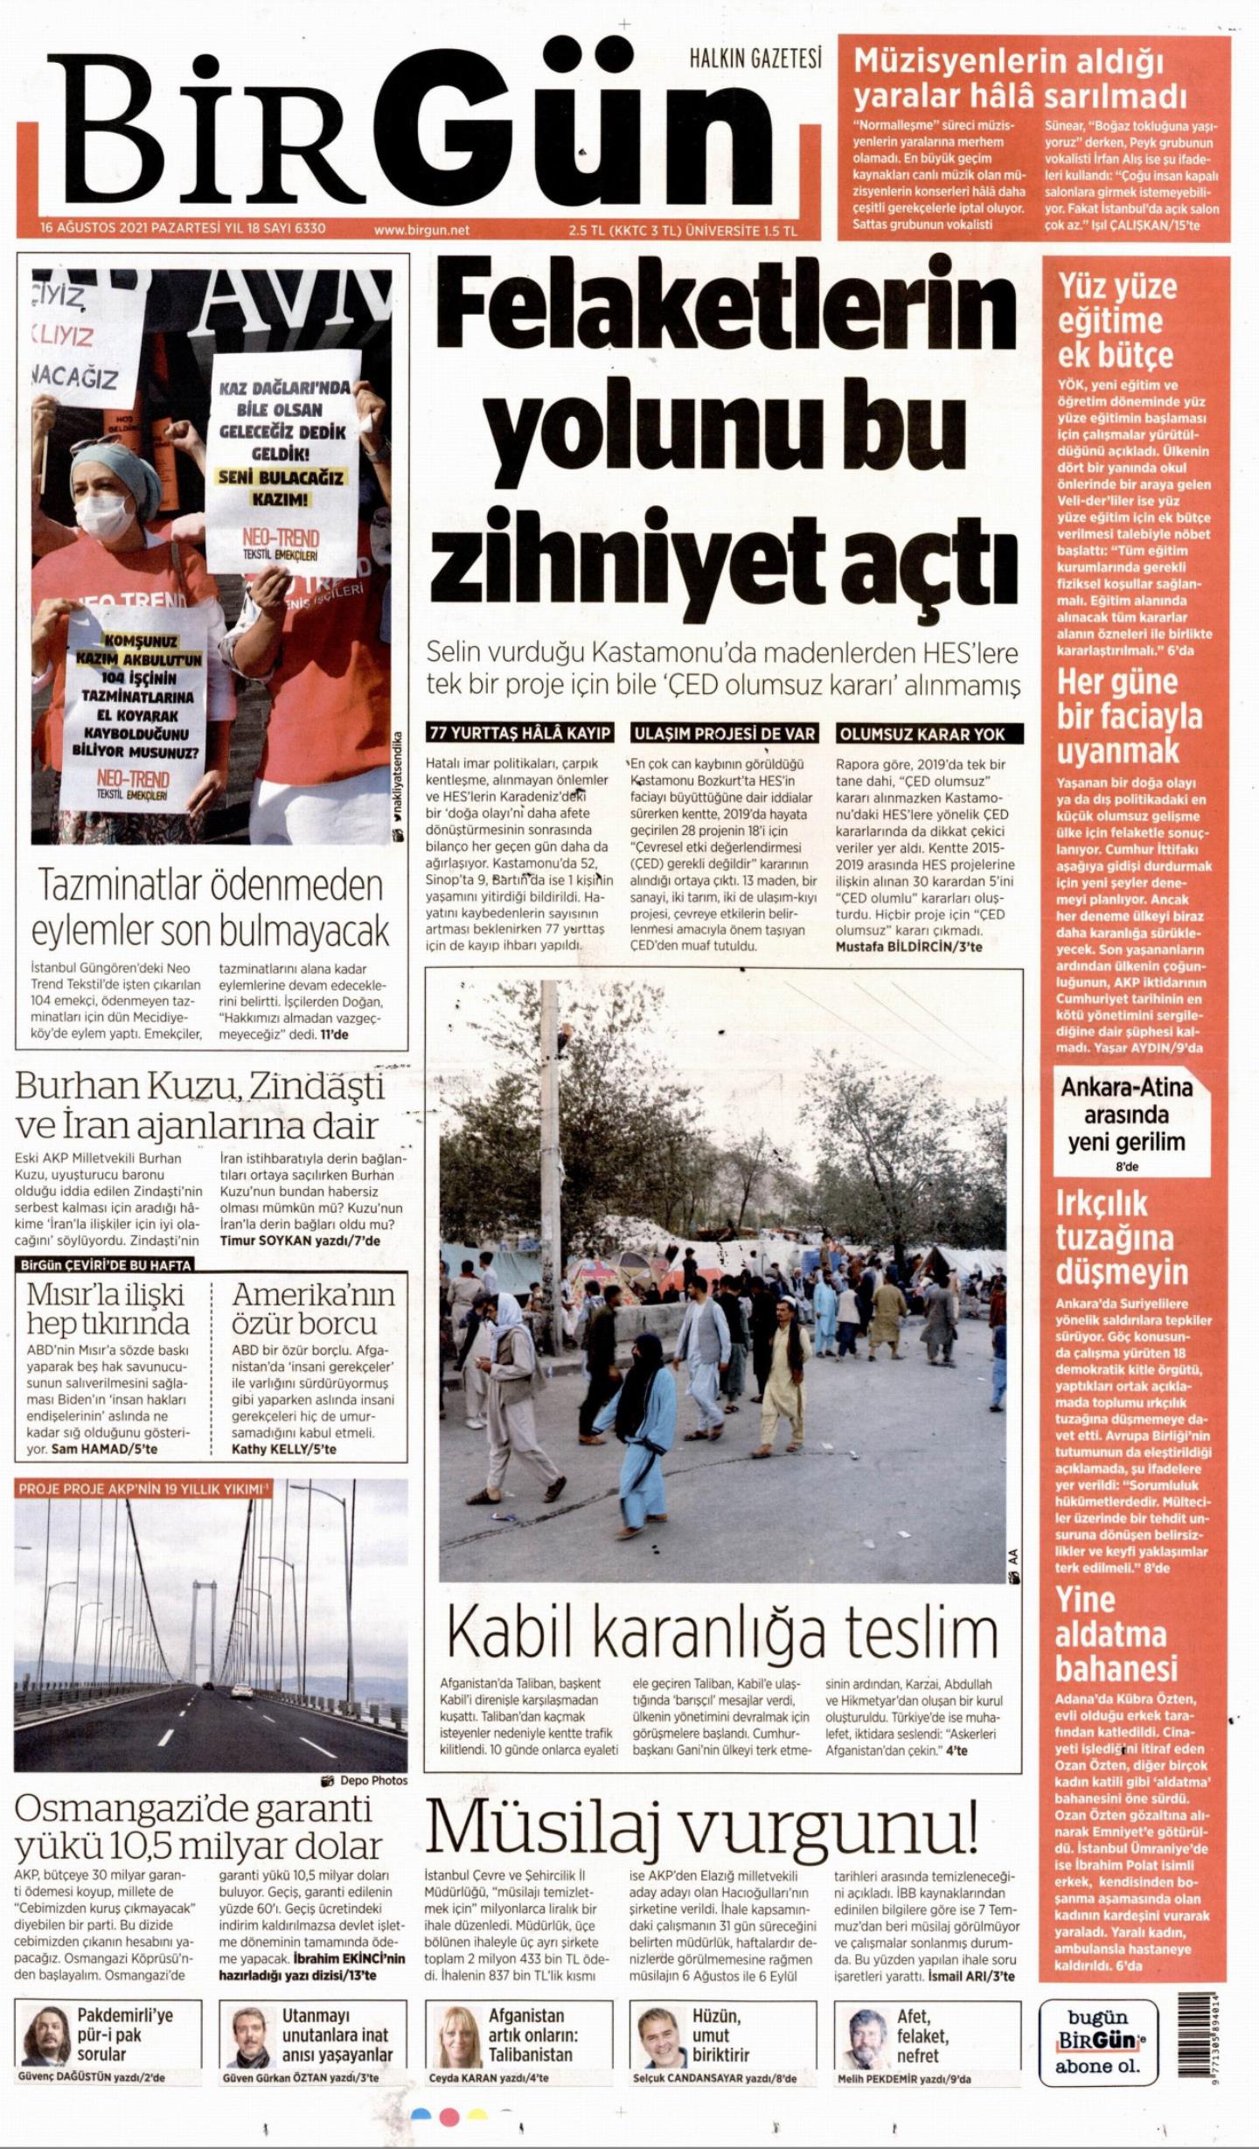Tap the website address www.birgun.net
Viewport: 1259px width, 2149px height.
421,230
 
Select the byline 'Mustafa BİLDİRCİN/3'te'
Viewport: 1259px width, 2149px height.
908,946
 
